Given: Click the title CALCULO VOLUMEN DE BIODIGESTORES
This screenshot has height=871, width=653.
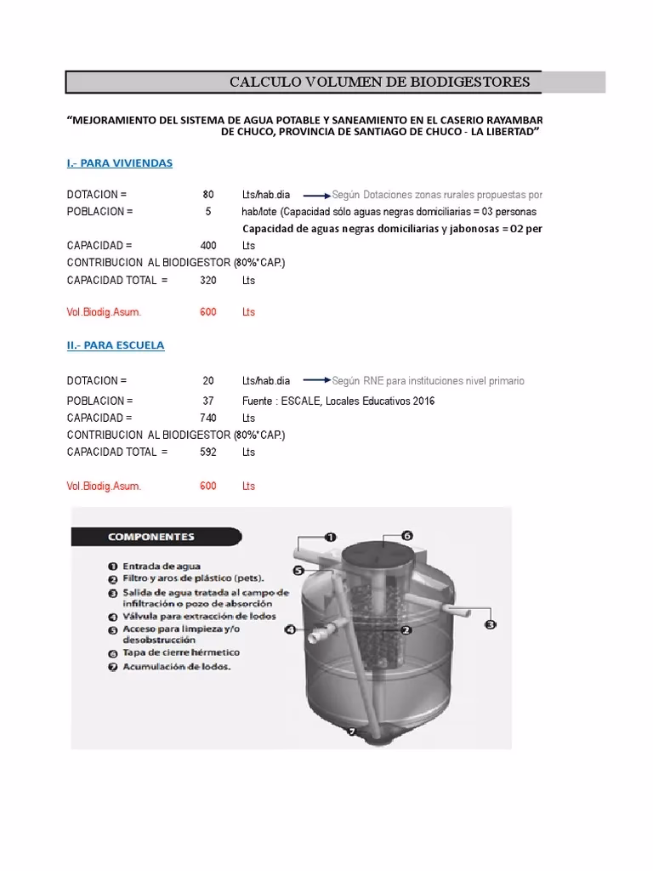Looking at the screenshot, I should (x=379, y=83).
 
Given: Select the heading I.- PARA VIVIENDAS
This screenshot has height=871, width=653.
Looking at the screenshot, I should (x=120, y=162).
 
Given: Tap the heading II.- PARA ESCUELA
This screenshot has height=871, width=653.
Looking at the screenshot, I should (x=116, y=345).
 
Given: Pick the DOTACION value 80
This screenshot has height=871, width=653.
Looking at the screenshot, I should (x=208, y=195).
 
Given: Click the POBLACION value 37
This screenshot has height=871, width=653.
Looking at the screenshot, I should (x=208, y=401).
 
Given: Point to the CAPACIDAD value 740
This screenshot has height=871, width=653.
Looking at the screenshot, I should (x=208, y=418).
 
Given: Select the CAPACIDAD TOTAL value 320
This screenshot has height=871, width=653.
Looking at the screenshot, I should (x=208, y=280).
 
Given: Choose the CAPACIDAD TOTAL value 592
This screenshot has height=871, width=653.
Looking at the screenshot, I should (x=208, y=452).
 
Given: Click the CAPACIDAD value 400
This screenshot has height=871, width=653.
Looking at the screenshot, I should (x=208, y=246).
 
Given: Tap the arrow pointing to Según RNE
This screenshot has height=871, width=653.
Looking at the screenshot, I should (x=315, y=380).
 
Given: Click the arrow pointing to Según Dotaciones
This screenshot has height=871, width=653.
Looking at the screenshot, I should (x=315, y=195).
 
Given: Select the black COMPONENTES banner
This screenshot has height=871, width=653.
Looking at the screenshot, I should (x=151, y=537).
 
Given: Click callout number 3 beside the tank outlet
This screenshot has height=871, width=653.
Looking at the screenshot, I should (x=490, y=625).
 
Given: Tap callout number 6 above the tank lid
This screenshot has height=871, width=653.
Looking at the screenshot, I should (x=407, y=536).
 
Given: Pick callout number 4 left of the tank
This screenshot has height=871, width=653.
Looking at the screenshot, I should (x=290, y=630).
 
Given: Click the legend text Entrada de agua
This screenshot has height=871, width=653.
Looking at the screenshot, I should (x=162, y=566).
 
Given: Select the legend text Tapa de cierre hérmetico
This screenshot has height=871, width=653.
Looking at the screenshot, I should (x=180, y=652).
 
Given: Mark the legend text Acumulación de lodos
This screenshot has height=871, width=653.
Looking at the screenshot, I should (x=176, y=667).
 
